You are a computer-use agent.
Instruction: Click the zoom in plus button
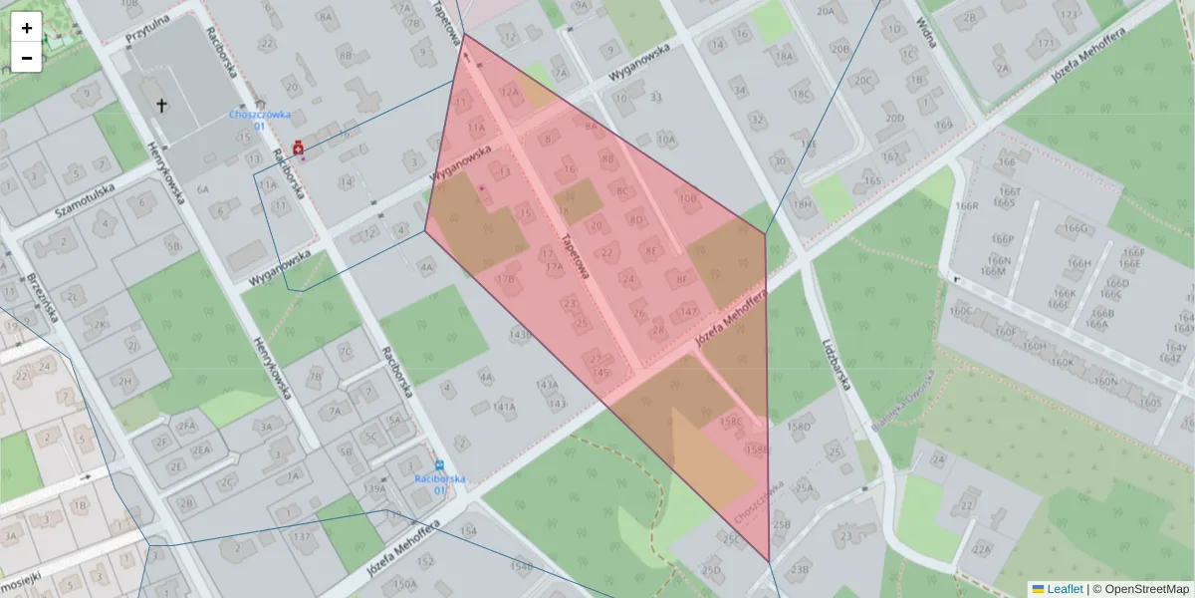pyautogui.click(x=27, y=28)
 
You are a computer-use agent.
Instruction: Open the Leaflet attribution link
pyautogui.click(x=1065, y=589)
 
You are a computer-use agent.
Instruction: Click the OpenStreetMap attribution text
pyautogui.click(x=1144, y=589)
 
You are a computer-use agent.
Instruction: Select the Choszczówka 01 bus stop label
pyautogui.click(x=246, y=120)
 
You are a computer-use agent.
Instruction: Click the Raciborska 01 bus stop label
pyautogui.click(x=439, y=483)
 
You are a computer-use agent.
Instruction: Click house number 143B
pyautogui.click(x=520, y=335)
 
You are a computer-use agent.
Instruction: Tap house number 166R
pyautogui.click(x=967, y=206)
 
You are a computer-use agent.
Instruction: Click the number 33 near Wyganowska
pyautogui.click(x=655, y=97)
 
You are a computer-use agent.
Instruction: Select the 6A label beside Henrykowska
pyautogui.click(x=203, y=188)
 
